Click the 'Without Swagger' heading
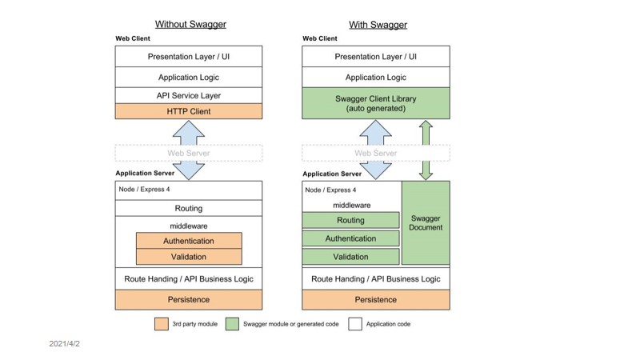click(x=190, y=25)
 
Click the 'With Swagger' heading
click(x=378, y=25)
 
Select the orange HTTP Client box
click(x=189, y=111)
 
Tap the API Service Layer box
click(x=189, y=95)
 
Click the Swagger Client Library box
click(x=376, y=103)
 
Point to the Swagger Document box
click(x=426, y=223)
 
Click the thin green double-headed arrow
click(x=426, y=150)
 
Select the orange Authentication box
click(x=189, y=241)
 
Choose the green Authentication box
click(x=350, y=238)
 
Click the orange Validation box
click(x=189, y=257)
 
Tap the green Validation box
click(x=350, y=257)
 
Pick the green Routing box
click(x=350, y=220)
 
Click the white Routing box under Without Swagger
click(x=189, y=208)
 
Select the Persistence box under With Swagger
click(x=376, y=299)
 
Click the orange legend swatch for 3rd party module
click(x=162, y=324)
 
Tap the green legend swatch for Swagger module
click(x=232, y=324)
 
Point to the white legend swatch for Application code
click(x=355, y=324)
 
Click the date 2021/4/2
click(x=65, y=344)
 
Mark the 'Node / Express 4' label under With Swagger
click(x=330, y=190)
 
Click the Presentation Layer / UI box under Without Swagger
click(x=189, y=56)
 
